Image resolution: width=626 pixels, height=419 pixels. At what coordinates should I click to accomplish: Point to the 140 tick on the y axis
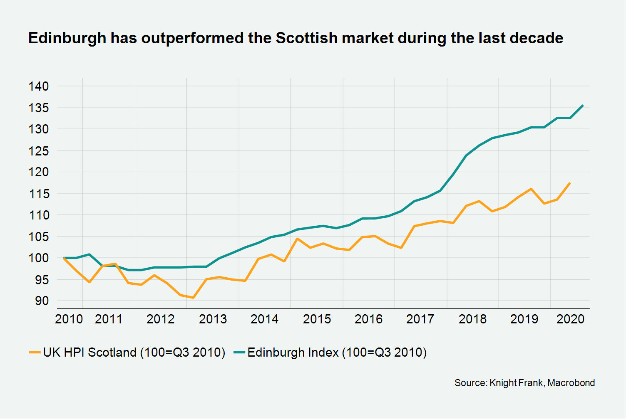39,86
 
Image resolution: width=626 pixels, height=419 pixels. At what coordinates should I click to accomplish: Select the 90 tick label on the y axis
39,301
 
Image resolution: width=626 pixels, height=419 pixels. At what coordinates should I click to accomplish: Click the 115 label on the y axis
39,194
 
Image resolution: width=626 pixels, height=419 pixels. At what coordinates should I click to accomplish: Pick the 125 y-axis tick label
39,151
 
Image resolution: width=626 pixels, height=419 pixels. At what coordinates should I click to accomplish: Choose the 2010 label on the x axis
69,319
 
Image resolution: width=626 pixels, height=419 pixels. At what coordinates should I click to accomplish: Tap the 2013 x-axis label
213,319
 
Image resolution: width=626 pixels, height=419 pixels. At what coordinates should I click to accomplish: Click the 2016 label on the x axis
368,319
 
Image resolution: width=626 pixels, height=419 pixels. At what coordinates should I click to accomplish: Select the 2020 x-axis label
571,319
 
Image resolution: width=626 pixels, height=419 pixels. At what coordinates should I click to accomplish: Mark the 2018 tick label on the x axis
472,319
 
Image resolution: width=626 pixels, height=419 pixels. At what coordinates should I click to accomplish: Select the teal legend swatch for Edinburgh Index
239,352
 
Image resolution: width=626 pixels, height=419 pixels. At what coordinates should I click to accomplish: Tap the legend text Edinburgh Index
293,352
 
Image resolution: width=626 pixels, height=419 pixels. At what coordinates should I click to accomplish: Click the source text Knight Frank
516,383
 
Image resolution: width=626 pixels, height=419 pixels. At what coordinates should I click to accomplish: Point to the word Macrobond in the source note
571,383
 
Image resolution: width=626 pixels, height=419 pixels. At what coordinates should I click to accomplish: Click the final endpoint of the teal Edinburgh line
583,106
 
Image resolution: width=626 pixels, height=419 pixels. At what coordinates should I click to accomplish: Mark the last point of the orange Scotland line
570,183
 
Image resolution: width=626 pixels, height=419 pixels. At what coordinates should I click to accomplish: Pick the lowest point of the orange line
193,298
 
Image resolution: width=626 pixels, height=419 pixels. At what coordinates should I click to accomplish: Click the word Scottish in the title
306,38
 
